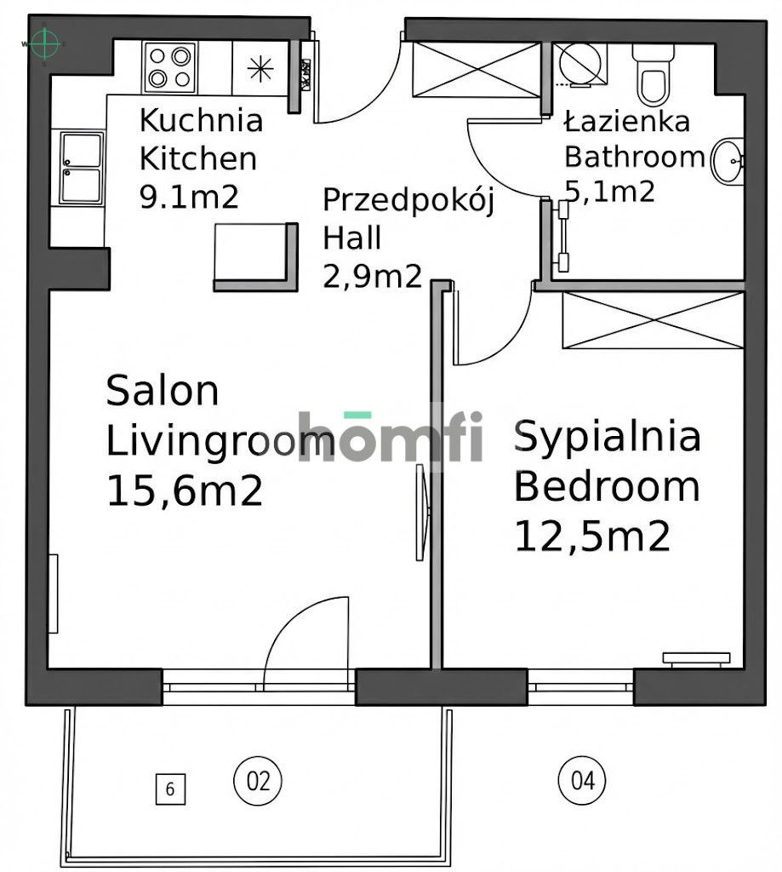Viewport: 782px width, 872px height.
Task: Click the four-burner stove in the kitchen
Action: pyautogui.click(x=168, y=68)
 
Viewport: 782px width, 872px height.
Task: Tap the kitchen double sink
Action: pyautogui.click(x=82, y=167)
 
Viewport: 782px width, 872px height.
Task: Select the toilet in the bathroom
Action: pyautogui.click(x=654, y=75)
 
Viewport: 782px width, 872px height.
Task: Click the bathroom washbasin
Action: pyautogui.click(x=728, y=161)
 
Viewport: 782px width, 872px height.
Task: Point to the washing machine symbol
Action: pyautogui.click(x=579, y=66)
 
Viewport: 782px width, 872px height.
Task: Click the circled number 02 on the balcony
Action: pyautogui.click(x=257, y=780)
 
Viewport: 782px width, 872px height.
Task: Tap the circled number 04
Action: pyautogui.click(x=582, y=780)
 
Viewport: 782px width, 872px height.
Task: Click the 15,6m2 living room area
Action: pyautogui.click(x=184, y=492)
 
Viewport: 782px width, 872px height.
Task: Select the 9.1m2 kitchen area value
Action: pyautogui.click(x=187, y=197)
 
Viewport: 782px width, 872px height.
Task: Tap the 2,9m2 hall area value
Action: pyautogui.click(x=372, y=275)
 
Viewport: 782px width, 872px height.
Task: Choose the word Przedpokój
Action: pyautogui.click(x=408, y=201)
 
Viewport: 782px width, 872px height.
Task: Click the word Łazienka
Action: pyautogui.click(x=626, y=122)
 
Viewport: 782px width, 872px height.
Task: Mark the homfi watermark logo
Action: pyautogui.click(x=391, y=437)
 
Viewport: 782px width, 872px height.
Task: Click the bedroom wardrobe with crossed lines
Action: pyautogui.click(x=653, y=320)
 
